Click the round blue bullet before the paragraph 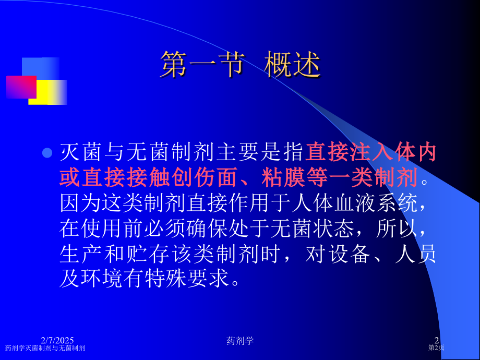click(x=47, y=153)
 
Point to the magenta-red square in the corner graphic click(x=21, y=87)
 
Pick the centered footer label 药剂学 click(x=240, y=341)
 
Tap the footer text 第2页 click(x=436, y=347)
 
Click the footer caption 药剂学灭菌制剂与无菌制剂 click(x=45, y=348)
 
